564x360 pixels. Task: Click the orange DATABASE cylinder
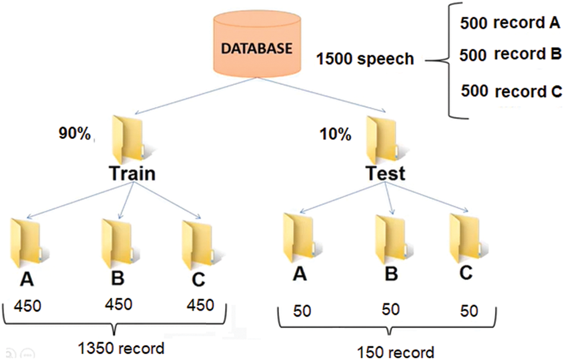pyautogui.click(x=256, y=48)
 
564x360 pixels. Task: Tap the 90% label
pyautogui.click(x=75, y=134)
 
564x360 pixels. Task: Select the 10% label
pyautogui.click(x=335, y=134)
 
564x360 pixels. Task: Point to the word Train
pyautogui.click(x=132, y=173)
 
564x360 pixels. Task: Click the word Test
pyautogui.click(x=385, y=173)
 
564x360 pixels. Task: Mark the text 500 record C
pyautogui.click(x=511, y=91)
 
